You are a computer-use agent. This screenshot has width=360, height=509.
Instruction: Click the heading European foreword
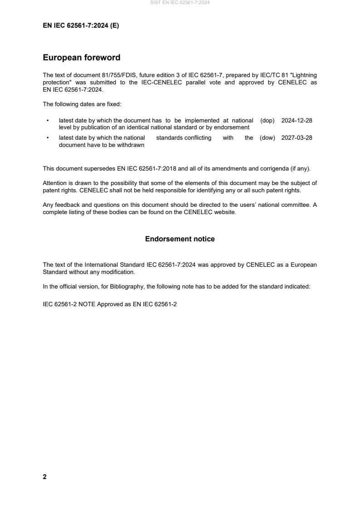coord(81,58)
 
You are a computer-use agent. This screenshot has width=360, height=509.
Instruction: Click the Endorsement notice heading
coord(180,239)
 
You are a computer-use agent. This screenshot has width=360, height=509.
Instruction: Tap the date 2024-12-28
coord(296,121)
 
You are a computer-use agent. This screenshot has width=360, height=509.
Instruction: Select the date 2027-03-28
coord(296,138)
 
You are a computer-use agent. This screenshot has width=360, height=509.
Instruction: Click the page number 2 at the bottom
coord(44,477)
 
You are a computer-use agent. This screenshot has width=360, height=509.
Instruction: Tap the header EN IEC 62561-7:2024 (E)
coord(81,26)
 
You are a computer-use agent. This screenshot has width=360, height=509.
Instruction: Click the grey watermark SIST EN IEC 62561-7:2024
coord(180,3)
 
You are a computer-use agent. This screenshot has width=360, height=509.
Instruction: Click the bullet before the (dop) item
coord(48,121)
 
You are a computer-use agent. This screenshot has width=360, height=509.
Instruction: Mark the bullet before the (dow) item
coord(48,138)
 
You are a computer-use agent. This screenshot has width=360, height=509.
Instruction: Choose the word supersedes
coord(101,169)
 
